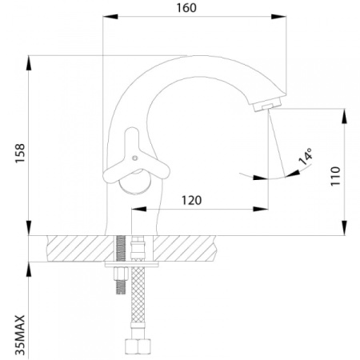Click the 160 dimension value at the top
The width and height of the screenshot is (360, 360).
[186, 8]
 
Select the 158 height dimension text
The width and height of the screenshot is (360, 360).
[20, 154]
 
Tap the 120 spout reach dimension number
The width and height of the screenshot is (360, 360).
[191, 200]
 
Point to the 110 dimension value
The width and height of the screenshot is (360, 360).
[335, 176]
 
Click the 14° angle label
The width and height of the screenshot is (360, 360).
[305, 157]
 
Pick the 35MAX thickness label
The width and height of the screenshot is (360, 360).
[20, 335]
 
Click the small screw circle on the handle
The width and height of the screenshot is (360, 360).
[135, 158]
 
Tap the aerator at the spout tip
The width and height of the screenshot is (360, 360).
[267, 105]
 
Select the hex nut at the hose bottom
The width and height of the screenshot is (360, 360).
[138, 346]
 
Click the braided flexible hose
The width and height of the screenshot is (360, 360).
[138, 294]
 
